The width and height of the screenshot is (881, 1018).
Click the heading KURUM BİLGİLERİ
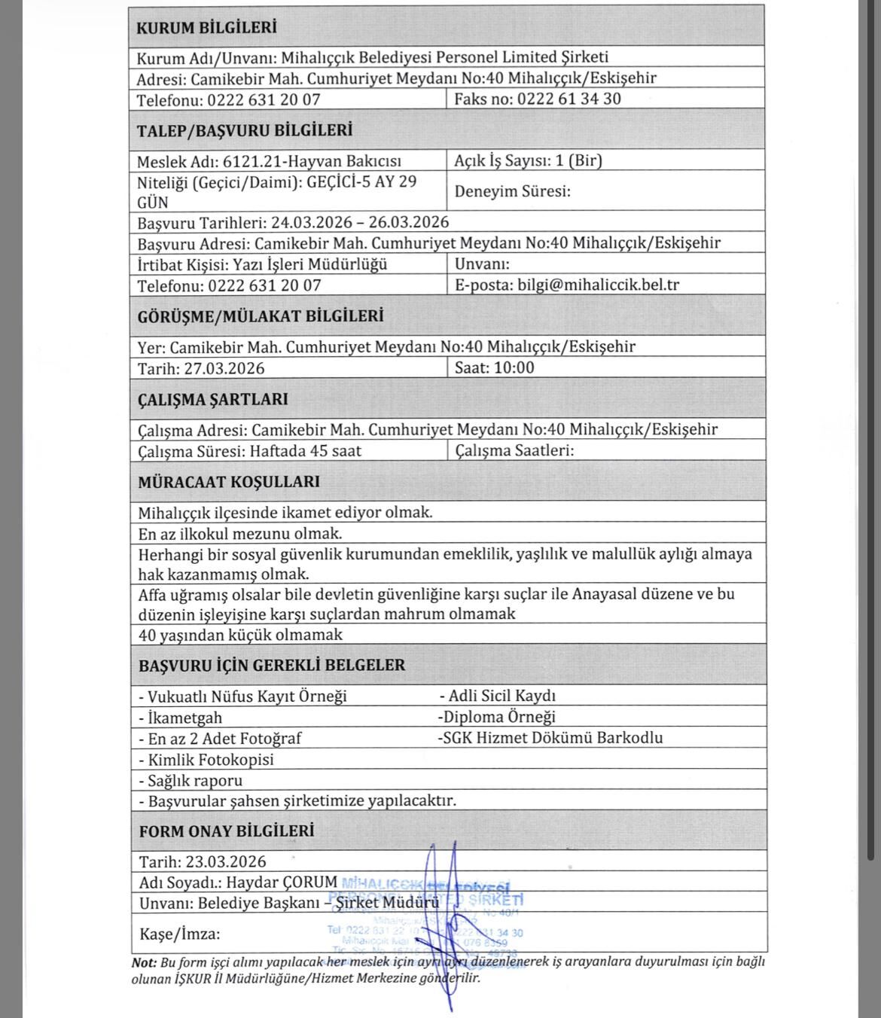click(206, 29)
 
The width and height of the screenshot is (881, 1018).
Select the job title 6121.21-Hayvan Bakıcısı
click(312, 161)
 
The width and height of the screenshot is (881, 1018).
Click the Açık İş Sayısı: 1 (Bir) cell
click(528, 160)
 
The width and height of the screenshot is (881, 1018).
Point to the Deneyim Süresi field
click(512, 191)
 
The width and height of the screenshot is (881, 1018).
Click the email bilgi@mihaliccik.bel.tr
click(599, 285)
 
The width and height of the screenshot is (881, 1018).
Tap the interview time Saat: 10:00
click(495, 367)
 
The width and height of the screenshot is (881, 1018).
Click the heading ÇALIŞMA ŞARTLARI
click(212, 399)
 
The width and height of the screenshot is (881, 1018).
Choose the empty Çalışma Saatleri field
click(514, 450)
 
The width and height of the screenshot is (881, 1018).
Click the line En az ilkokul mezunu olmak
click(240, 534)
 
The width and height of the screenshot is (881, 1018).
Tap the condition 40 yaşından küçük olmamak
click(240, 635)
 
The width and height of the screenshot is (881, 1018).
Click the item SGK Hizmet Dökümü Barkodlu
click(552, 738)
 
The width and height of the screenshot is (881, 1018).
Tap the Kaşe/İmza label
click(180, 934)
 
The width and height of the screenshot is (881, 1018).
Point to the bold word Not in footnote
click(144, 962)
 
